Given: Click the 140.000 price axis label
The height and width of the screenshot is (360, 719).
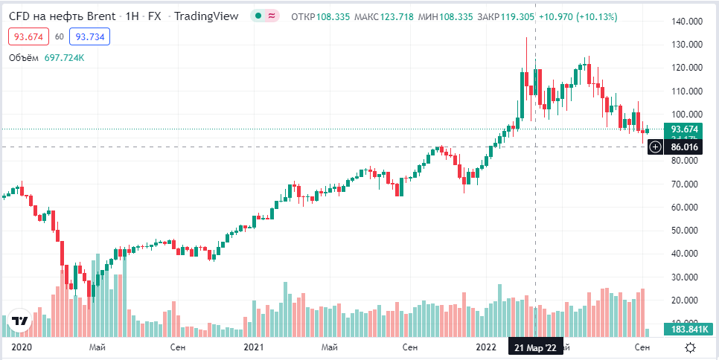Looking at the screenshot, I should click(x=687, y=21).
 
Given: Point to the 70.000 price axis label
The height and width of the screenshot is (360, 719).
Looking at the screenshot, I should click(x=687, y=184).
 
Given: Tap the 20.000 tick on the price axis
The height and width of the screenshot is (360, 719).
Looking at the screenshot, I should click(x=687, y=300).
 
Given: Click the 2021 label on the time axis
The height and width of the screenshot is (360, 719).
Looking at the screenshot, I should click(x=255, y=347).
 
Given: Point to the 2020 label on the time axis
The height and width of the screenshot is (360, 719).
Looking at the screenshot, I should click(x=22, y=347).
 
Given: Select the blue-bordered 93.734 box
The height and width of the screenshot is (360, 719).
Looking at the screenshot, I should click(x=90, y=36).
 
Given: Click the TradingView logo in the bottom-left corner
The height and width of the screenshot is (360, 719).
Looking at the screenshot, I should click(x=20, y=321).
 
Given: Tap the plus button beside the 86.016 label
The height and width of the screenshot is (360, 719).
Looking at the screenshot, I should click(x=655, y=147).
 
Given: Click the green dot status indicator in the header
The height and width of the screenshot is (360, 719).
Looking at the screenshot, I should click(x=258, y=16).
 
